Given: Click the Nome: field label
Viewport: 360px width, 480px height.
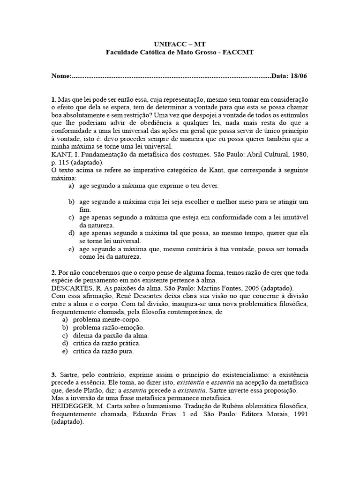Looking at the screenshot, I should pyautogui.click(x=62, y=76).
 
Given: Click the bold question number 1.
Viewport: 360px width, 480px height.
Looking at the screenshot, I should pyautogui.click(x=53, y=100).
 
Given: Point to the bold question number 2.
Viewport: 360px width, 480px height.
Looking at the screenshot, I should pyautogui.click(x=53, y=272).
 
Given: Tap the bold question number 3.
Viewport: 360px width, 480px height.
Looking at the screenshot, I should pyautogui.click(x=53, y=375).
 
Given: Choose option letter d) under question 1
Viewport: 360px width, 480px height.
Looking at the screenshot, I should pyautogui.click(x=71, y=233).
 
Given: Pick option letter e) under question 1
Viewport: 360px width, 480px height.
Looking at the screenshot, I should pyautogui.click(x=71, y=249).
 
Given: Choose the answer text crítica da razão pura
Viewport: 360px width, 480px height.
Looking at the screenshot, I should pyautogui.click(x=106, y=351).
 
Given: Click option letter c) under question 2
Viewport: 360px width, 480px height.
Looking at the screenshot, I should pyautogui.click(x=71, y=335).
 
